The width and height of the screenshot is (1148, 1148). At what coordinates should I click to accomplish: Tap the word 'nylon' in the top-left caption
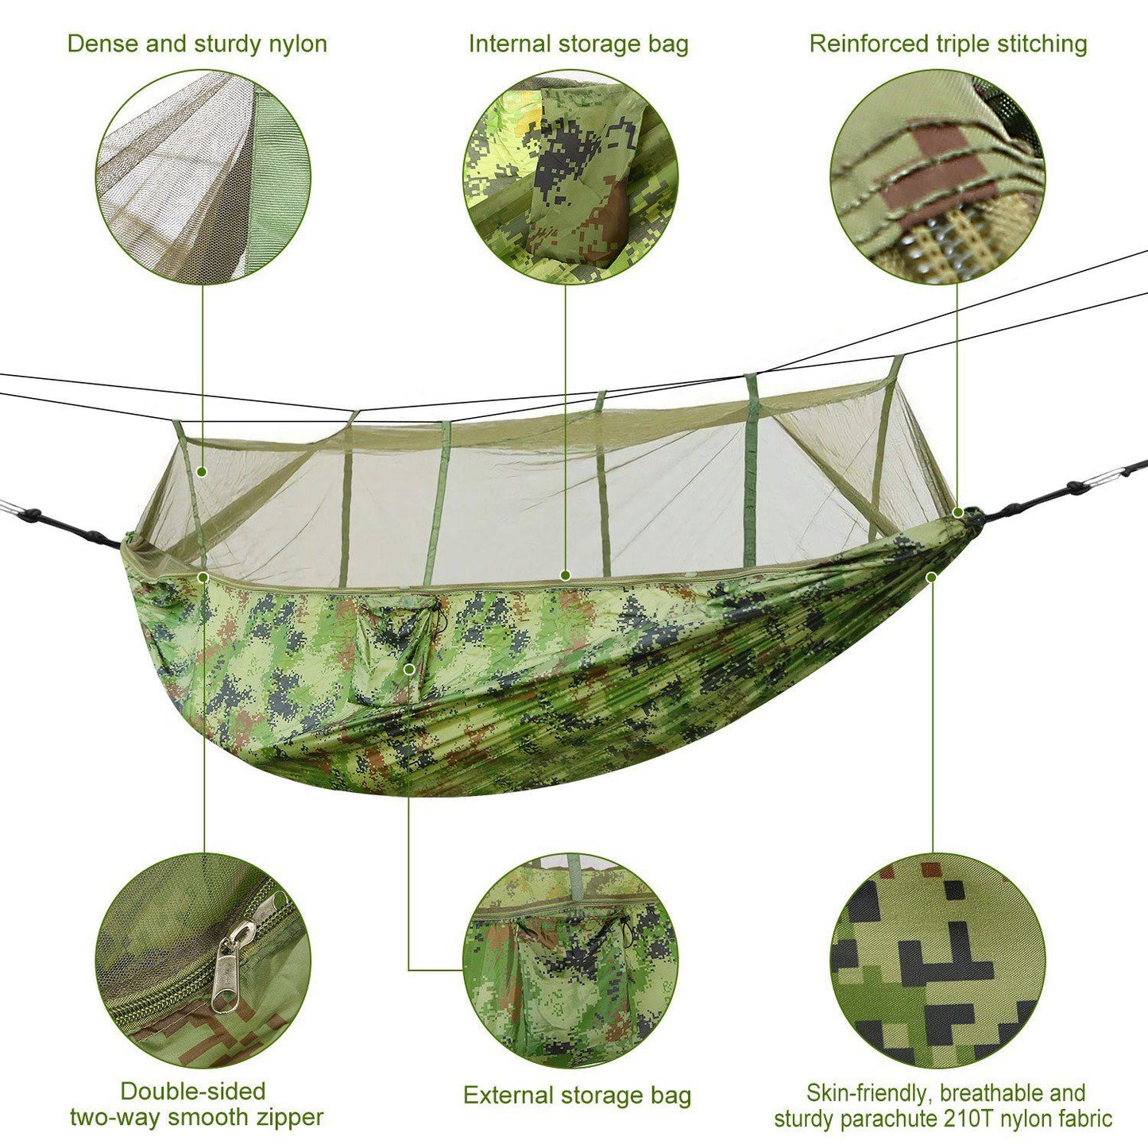click(297, 44)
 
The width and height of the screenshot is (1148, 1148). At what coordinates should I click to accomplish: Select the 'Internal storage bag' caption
click(578, 44)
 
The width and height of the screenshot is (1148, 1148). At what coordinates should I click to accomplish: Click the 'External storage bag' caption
click(577, 1096)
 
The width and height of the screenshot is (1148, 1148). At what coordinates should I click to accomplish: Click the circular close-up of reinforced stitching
click(937, 176)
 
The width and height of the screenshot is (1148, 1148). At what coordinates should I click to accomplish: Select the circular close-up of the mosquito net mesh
click(203, 176)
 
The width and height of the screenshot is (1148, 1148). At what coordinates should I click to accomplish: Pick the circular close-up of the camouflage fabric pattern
click(937, 961)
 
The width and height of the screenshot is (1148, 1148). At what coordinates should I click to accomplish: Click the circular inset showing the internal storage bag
click(570, 176)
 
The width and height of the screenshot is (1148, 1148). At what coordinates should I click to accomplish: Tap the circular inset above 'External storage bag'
click(570, 961)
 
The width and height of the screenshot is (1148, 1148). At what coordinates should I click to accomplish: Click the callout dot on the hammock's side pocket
click(409, 669)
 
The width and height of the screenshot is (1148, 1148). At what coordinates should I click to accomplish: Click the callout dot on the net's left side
click(202, 472)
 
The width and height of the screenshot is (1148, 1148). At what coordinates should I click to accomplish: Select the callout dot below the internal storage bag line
click(566, 574)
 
